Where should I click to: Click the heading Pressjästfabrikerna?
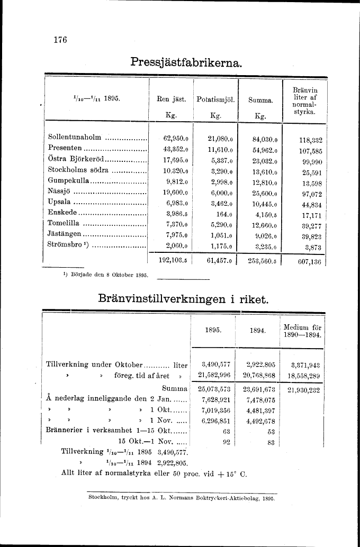(x=186, y=62)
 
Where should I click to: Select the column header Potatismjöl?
(x=215, y=100)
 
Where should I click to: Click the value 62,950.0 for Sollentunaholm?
(x=176, y=139)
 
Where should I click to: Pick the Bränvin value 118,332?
(x=310, y=140)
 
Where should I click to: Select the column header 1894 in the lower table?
(x=257, y=330)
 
